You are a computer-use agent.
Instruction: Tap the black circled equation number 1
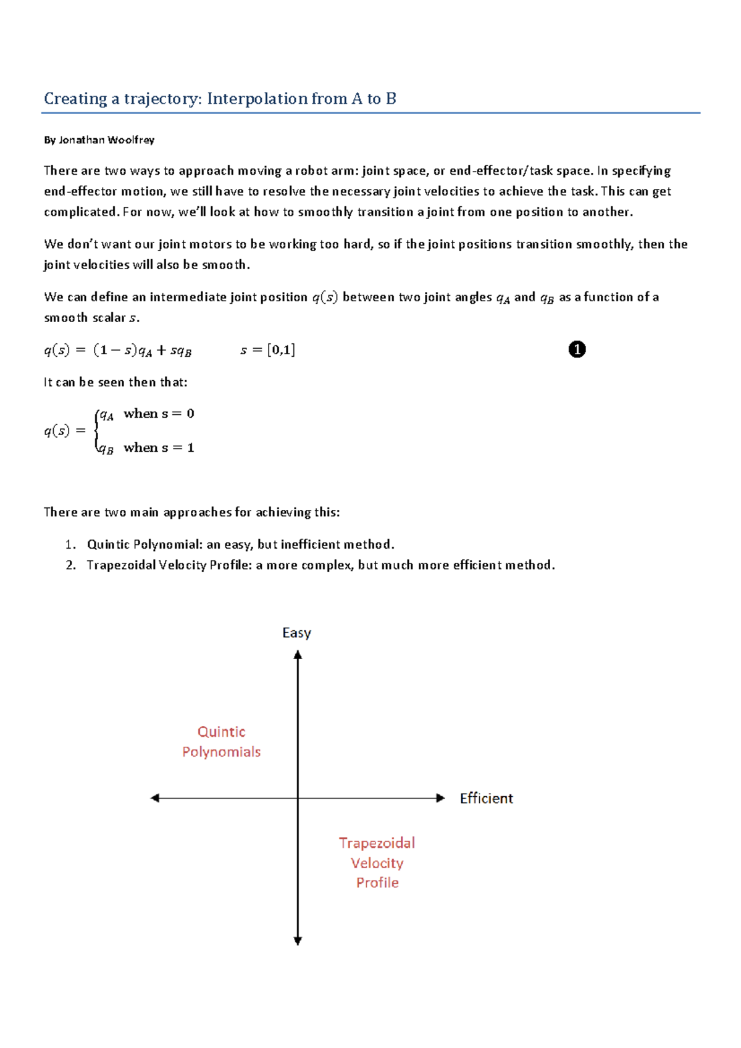tap(576, 350)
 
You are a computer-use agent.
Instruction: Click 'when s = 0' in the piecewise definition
tap(159, 414)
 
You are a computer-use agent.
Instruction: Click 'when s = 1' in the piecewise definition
tap(159, 447)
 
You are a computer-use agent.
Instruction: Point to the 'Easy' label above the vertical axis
tap(296, 633)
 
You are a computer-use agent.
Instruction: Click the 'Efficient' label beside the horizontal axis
tap(486, 799)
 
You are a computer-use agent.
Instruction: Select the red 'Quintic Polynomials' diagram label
tap(221, 742)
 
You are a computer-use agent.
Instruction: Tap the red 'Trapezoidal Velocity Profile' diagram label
tap(377, 863)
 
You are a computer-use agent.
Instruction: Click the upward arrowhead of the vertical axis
tap(298, 655)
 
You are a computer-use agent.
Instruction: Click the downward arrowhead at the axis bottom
tap(298, 941)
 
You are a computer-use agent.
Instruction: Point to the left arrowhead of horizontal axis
tap(155, 798)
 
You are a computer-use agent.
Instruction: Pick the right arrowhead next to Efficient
tap(440, 798)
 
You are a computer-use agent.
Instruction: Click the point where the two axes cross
tap(298, 798)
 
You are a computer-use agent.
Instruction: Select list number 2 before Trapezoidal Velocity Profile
tap(70, 565)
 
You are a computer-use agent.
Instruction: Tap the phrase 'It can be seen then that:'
tap(115, 382)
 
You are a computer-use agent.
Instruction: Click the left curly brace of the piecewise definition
tap(96, 431)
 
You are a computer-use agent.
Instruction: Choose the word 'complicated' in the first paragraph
tap(80, 212)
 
